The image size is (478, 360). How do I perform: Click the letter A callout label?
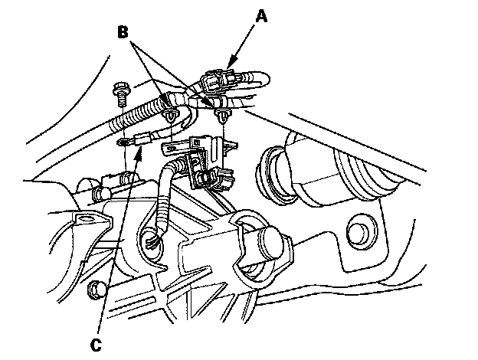coord(261,16)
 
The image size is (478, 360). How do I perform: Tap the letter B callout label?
coord(123,31)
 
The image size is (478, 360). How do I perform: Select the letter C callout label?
coord(96,345)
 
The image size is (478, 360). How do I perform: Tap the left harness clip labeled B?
coord(169,116)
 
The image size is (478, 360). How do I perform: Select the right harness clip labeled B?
coord(222,116)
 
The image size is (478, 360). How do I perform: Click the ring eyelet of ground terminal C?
coord(123,142)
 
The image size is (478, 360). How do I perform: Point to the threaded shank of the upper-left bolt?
coord(122,100)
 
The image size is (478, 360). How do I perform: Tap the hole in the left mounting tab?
coord(87,219)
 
